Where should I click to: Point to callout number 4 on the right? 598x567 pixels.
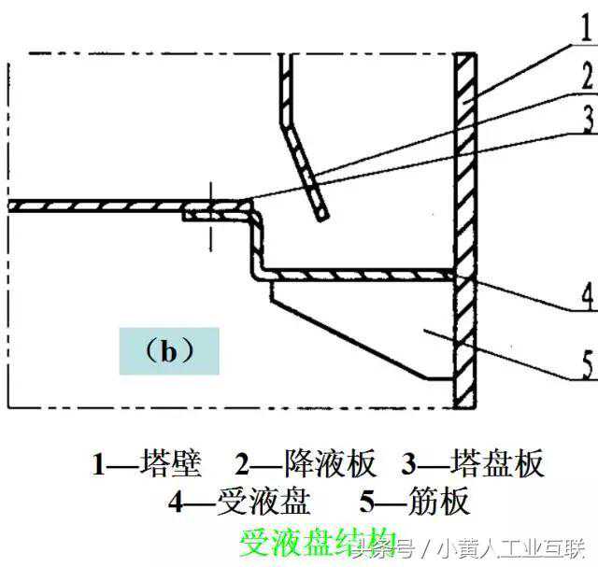[586, 297]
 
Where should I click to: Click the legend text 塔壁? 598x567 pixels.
[168, 462]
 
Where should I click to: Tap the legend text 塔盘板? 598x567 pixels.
[497, 462]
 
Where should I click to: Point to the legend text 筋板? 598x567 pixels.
[438, 502]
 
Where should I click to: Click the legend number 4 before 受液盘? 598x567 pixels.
[178, 503]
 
